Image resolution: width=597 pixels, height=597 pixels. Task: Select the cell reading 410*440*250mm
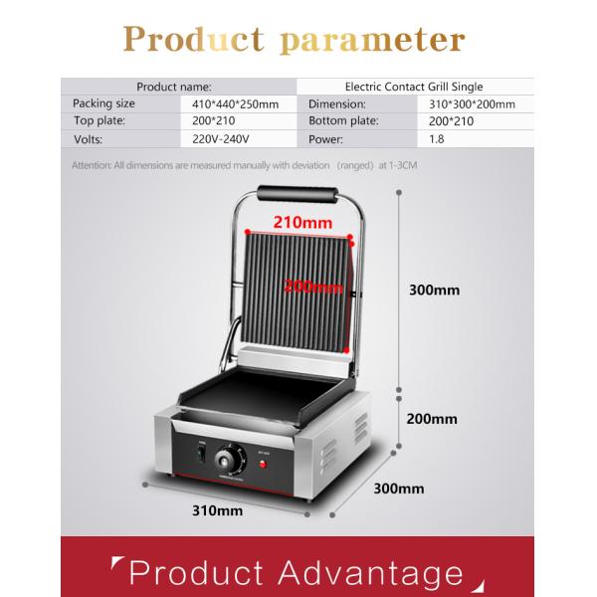pos(236,103)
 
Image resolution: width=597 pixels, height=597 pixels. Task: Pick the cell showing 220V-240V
pos(222,139)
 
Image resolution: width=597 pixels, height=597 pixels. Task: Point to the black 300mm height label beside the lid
pos(435,291)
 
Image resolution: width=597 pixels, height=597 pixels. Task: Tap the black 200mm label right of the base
pos(432,419)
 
